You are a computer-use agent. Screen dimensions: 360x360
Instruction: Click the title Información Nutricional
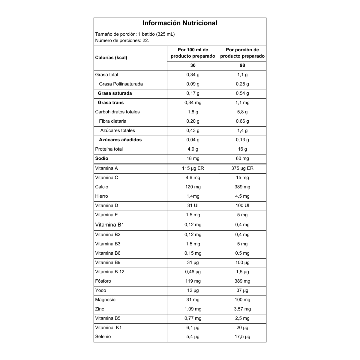point(180,23)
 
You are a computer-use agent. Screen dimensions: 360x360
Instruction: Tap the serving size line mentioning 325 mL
point(135,34)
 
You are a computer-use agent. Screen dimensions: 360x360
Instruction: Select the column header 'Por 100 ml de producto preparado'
point(193,53)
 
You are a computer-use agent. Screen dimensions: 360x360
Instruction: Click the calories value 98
point(242,65)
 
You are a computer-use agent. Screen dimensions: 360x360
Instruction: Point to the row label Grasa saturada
point(115,93)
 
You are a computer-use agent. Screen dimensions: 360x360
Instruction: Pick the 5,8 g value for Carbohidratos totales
point(242,112)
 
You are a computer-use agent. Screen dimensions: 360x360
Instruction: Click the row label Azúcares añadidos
point(120,140)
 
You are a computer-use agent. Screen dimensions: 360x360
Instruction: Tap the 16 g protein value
point(242,149)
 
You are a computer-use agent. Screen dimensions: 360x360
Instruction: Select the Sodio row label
point(102,158)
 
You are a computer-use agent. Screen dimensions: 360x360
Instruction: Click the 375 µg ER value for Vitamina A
point(242,168)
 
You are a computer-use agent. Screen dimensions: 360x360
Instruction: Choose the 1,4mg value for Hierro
point(193,196)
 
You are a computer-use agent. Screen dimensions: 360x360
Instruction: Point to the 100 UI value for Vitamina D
point(242,205)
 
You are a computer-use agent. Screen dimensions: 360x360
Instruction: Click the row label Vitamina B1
point(109,225)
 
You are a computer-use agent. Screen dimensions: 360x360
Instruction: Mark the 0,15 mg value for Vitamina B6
point(193,253)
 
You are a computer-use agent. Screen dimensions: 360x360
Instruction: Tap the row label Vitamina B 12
point(109,272)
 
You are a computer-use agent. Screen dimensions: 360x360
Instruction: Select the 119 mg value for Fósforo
point(193,281)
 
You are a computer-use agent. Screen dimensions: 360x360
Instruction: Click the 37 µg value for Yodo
point(242,290)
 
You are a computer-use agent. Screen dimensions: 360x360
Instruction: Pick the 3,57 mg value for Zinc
point(242,309)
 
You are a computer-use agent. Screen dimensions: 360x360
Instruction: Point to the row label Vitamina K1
point(108,328)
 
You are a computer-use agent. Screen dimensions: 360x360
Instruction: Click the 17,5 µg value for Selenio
point(242,337)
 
